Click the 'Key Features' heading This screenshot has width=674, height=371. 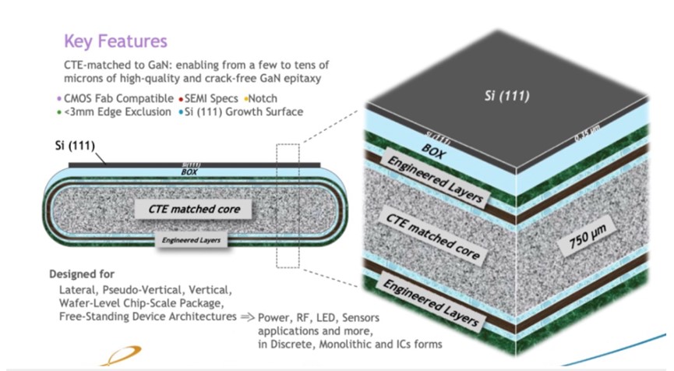point(115,41)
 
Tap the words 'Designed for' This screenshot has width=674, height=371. point(82,274)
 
